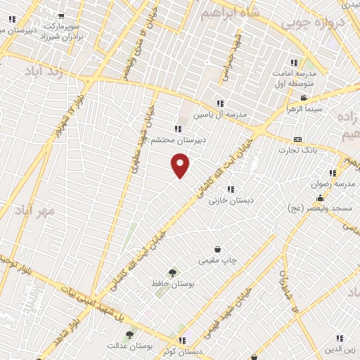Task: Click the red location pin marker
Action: pos(181,165)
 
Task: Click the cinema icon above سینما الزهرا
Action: pos(303,98)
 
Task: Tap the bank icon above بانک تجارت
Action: pos(297,139)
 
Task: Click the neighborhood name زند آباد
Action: pos(44,72)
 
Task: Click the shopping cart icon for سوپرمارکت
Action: pos(61,15)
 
